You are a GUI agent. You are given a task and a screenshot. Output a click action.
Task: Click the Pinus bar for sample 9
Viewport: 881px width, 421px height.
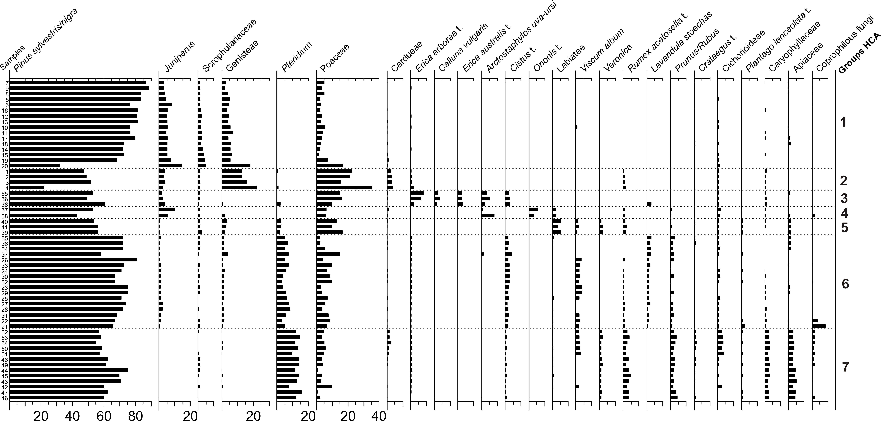(79, 88)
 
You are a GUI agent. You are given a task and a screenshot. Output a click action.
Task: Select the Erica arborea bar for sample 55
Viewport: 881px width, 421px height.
(417, 193)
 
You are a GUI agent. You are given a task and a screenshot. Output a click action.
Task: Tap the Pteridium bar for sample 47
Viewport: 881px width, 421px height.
(289, 392)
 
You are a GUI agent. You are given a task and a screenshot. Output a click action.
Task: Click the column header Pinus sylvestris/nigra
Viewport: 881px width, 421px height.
(46, 41)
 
